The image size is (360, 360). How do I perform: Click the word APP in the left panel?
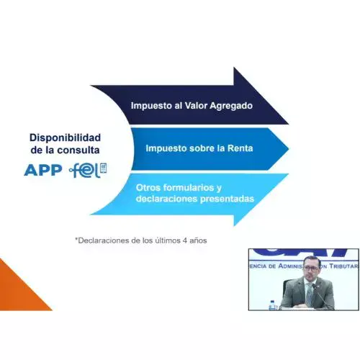[x=42, y=171]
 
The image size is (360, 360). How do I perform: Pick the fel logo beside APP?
[x=89, y=171]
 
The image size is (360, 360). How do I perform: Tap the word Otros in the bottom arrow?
[x=148, y=187]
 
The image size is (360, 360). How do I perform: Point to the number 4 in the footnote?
[x=185, y=240]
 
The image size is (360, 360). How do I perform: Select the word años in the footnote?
[x=198, y=240]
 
